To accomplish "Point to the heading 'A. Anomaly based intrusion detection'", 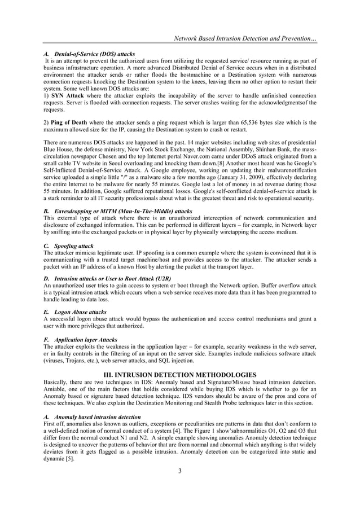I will [x=92, y=416].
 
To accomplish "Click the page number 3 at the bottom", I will [x=179, y=472].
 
